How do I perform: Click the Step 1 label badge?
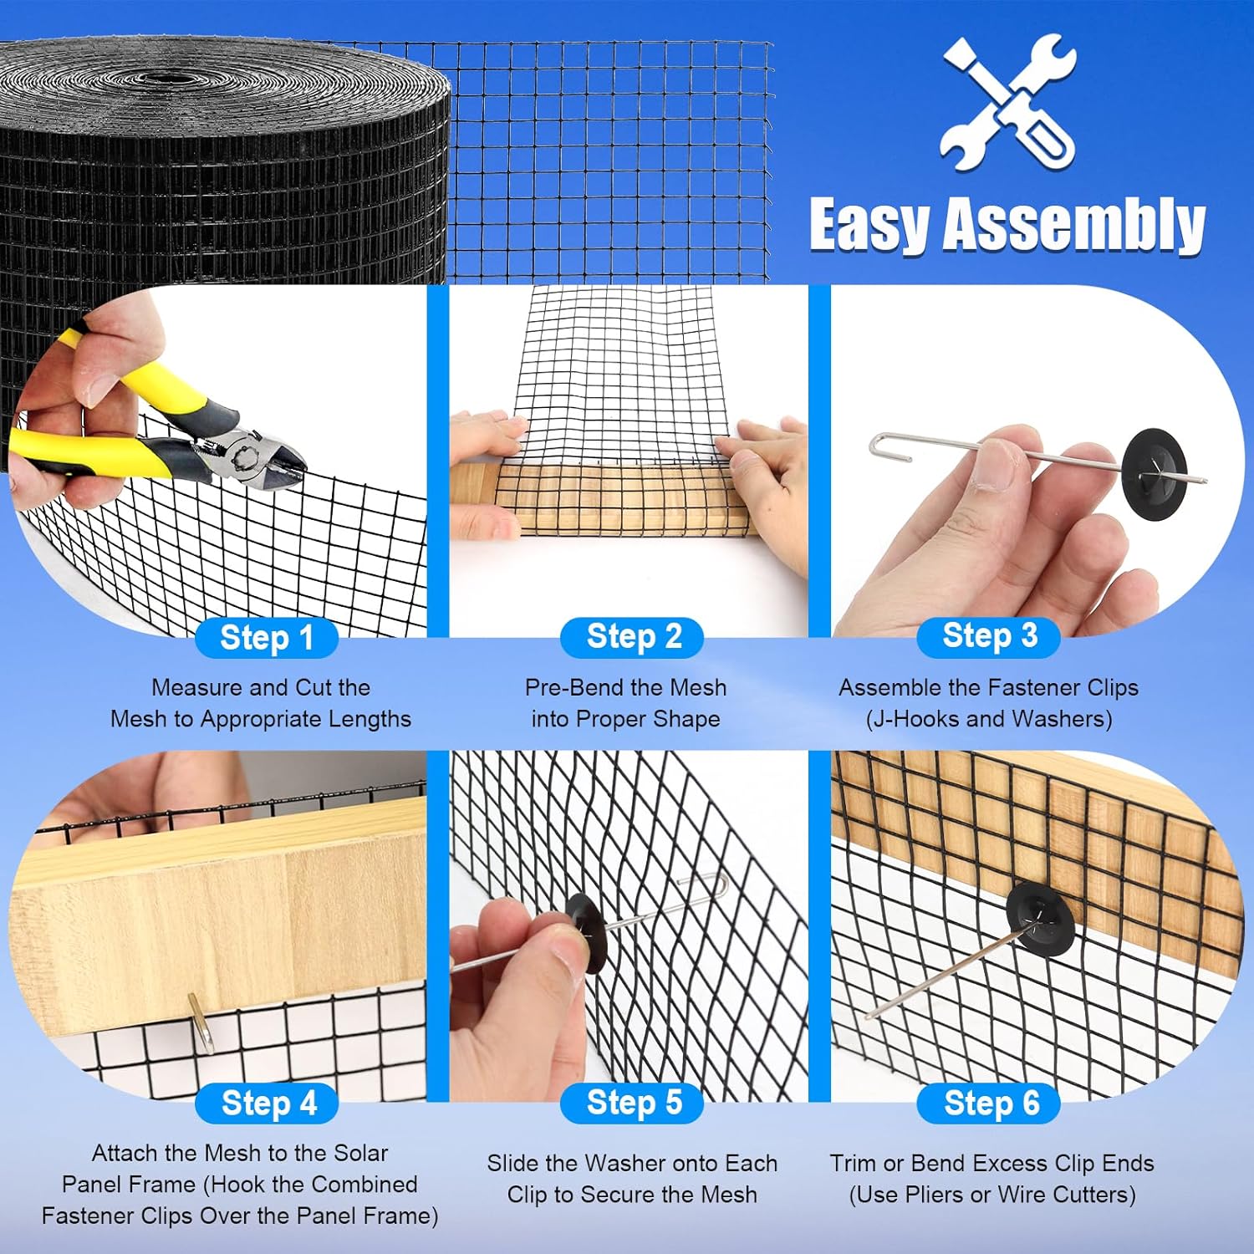tap(267, 638)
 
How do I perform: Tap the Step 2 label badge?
tap(632, 637)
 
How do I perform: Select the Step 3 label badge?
tap(989, 636)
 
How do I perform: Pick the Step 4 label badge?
tap(267, 1104)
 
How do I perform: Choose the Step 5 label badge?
tap(632, 1103)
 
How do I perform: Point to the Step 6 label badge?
tap(989, 1104)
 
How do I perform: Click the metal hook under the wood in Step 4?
tap(201, 1022)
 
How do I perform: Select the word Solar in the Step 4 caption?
tap(360, 1153)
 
